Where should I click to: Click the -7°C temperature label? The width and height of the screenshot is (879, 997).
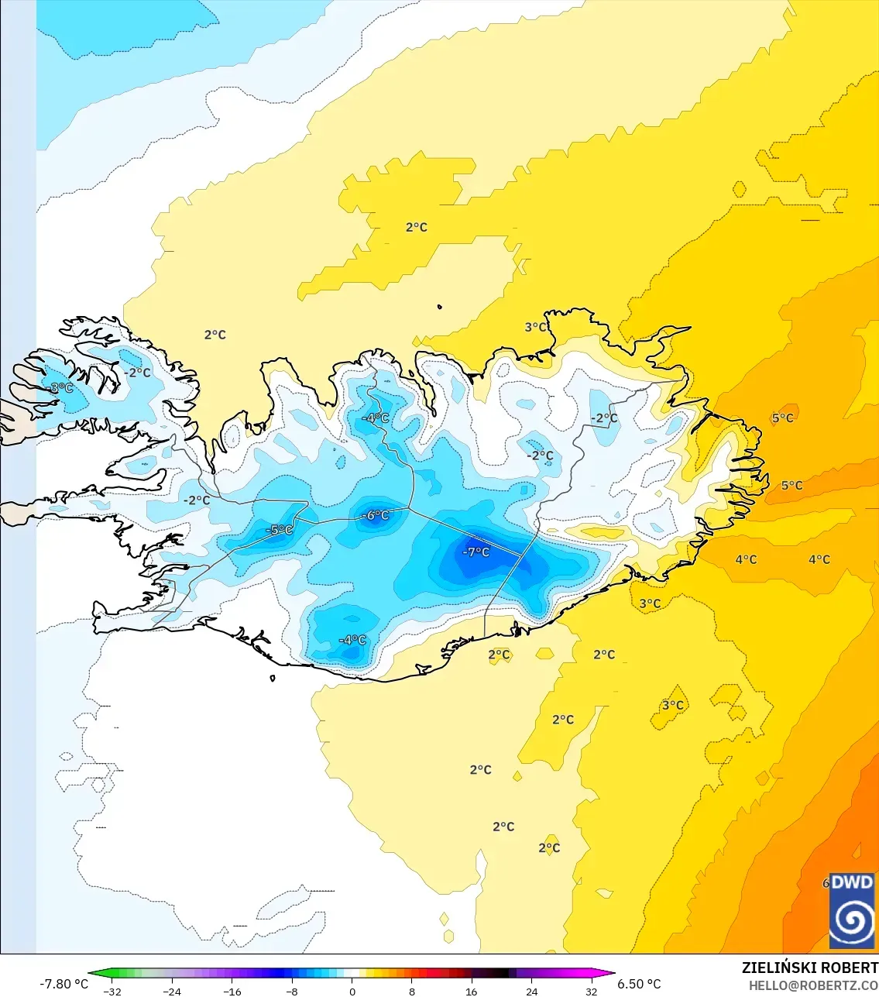476,552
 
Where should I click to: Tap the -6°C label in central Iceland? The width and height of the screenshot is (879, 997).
376,515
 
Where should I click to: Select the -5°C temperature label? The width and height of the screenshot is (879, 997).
280,530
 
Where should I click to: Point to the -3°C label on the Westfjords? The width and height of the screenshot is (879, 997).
60,387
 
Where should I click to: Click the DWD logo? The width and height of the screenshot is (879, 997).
852,911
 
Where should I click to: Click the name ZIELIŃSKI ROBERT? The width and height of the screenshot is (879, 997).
809,968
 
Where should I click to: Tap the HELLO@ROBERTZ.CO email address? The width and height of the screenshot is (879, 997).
813,986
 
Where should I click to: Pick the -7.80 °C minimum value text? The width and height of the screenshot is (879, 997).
64,984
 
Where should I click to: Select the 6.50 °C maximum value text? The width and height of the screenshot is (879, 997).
639,984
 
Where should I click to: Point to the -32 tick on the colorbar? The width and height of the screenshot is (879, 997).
112,992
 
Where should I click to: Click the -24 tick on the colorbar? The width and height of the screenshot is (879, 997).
172,992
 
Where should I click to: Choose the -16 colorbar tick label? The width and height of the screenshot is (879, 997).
232,992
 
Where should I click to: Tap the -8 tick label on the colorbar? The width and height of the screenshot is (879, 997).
292,992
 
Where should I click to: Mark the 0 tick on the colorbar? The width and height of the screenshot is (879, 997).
352,992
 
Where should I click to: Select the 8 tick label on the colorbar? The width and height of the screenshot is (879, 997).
412,992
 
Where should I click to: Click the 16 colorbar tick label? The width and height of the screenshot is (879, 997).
472,992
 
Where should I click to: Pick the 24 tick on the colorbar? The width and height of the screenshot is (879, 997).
532,992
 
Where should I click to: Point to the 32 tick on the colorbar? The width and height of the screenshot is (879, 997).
592,992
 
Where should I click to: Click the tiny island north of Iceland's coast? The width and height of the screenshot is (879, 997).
440,307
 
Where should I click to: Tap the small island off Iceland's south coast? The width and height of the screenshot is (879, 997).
273,679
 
